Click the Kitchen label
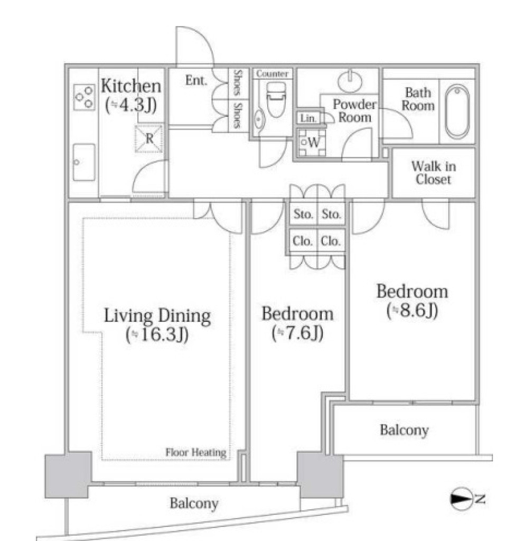(131, 86)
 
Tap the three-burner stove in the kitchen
(85, 97)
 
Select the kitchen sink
(84, 162)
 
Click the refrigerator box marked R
(148, 139)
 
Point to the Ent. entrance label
(196, 80)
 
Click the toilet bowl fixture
(276, 99)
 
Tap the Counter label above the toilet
(273, 73)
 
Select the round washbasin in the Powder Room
(350, 82)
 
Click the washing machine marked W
(312, 142)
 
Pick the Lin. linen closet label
(308, 118)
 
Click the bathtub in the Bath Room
(457, 111)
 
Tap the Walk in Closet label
(434, 173)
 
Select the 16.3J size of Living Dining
(157, 334)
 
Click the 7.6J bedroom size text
(297, 333)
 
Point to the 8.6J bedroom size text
(412, 310)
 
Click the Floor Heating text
(196, 452)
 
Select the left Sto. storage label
(303, 214)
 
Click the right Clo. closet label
(331, 241)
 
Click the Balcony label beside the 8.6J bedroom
(404, 430)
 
